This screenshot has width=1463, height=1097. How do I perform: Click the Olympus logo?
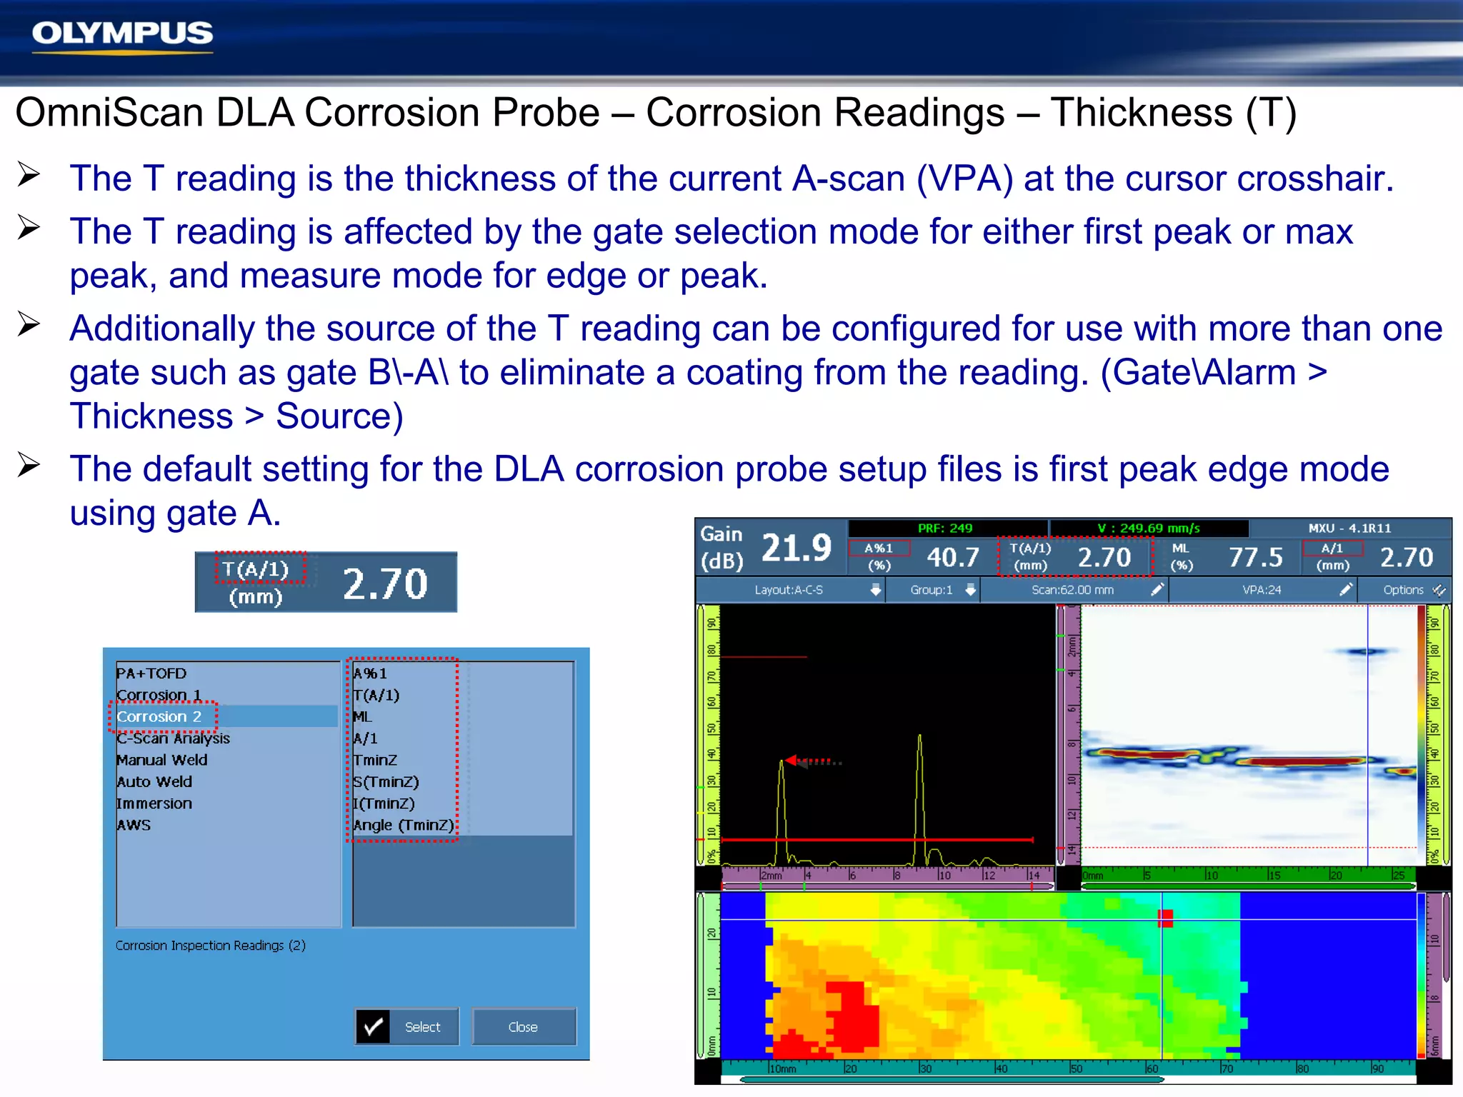click(122, 34)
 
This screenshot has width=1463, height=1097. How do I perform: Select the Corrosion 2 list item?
click(159, 716)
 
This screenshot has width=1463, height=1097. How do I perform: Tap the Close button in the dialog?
click(523, 1027)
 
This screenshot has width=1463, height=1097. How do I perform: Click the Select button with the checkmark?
click(407, 1027)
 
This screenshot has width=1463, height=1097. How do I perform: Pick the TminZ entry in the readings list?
click(375, 760)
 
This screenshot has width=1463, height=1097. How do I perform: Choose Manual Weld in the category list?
click(162, 760)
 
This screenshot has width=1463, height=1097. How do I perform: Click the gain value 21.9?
click(797, 548)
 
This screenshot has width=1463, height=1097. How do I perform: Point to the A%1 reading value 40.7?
click(953, 557)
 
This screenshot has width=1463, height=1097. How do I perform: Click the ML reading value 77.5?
click(1255, 557)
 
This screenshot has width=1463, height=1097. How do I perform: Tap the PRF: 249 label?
click(945, 529)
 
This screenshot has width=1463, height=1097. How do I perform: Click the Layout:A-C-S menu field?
click(789, 590)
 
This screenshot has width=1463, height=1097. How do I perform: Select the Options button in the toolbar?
click(1404, 590)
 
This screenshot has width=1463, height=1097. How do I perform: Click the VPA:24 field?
click(1262, 590)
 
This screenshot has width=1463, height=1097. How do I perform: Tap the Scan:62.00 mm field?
click(1072, 590)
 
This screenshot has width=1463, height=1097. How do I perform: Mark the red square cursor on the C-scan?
click(1165, 918)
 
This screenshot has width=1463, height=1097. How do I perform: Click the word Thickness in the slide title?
click(1142, 113)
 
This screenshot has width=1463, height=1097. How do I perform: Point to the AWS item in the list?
click(134, 825)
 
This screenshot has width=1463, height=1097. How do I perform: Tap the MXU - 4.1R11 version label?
click(1349, 529)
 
